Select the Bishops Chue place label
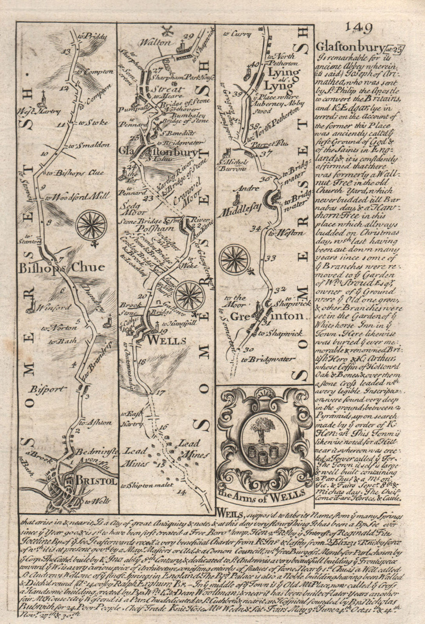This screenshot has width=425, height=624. click(61, 267)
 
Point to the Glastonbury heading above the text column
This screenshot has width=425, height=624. click(350, 47)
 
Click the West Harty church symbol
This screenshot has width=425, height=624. click(43, 99)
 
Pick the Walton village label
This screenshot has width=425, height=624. click(158, 42)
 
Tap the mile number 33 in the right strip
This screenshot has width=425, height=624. click(271, 258)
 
